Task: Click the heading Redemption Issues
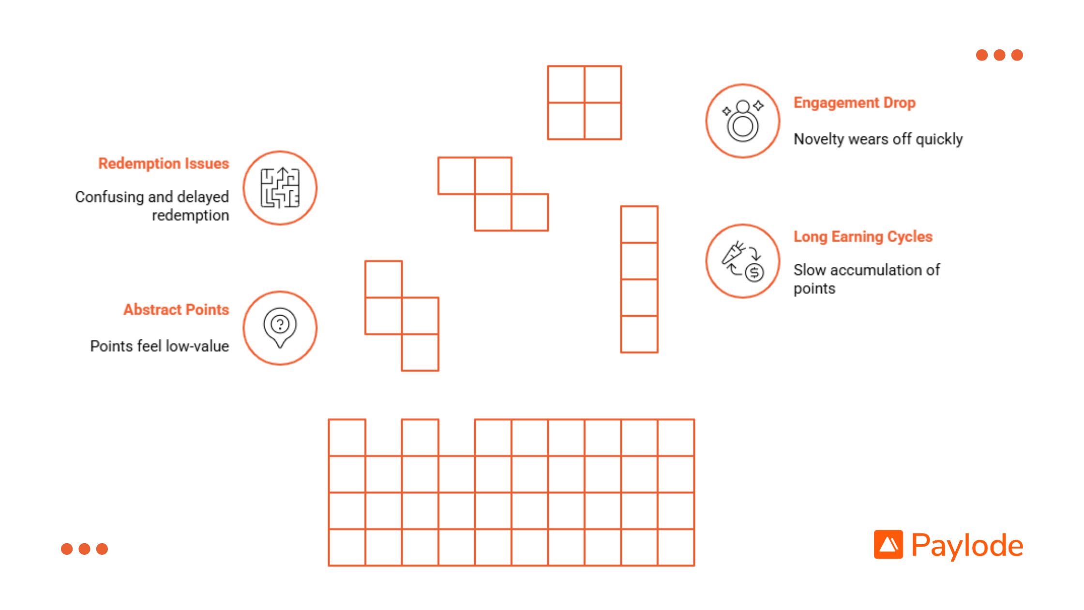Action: click(x=164, y=164)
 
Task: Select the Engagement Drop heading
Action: click(x=855, y=103)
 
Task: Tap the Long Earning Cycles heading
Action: click(x=863, y=237)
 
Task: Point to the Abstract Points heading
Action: click(x=176, y=309)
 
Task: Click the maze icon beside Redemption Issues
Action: click(x=280, y=188)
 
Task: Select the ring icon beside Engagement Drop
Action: click(x=743, y=121)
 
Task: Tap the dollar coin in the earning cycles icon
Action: click(x=754, y=273)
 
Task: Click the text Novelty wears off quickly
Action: click(x=878, y=139)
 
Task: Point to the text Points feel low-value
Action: click(x=160, y=346)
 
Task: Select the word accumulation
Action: click(x=865, y=270)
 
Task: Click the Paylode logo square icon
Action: click(x=888, y=545)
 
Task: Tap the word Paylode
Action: click(x=967, y=546)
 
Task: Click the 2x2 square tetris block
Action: click(x=584, y=103)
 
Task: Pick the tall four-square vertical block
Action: click(x=639, y=279)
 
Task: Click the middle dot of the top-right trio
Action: click(x=999, y=55)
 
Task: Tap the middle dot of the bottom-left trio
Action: click(x=84, y=549)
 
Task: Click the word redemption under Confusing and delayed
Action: click(x=191, y=215)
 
